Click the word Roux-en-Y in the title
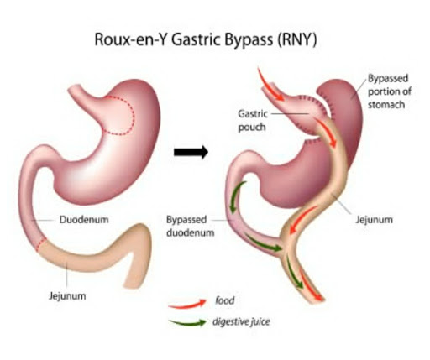(x=131, y=39)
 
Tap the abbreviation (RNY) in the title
(x=297, y=39)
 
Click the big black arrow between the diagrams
(x=191, y=152)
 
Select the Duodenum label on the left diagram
(x=84, y=220)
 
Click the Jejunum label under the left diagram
(x=67, y=296)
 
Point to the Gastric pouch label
(x=253, y=121)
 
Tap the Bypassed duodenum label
(x=191, y=227)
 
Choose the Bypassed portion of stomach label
(x=390, y=91)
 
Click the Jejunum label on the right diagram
(x=374, y=220)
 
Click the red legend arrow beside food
(x=187, y=305)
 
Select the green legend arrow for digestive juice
(x=187, y=323)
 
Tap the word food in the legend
(x=224, y=300)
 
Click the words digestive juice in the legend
(x=241, y=321)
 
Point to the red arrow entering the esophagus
(x=268, y=86)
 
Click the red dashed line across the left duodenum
(x=42, y=244)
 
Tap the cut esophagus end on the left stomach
(x=74, y=89)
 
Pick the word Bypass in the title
(x=249, y=40)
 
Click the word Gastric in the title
(x=196, y=39)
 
